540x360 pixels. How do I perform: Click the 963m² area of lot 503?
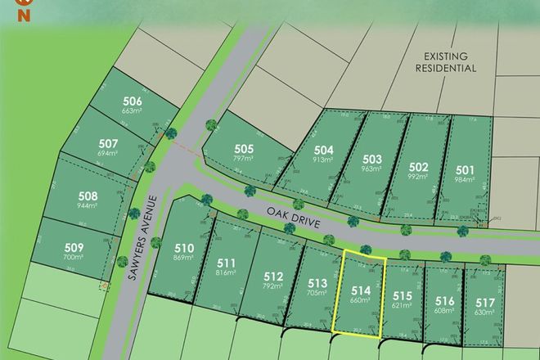pos(373,169)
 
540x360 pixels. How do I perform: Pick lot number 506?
pos(133,101)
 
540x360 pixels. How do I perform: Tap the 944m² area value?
pos(88,208)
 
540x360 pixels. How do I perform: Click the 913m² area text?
pos(324,160)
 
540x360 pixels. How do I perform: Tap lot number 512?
pos(272,276)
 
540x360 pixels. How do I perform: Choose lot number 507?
pos(108,144)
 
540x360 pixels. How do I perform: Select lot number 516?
pos(444,299)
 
